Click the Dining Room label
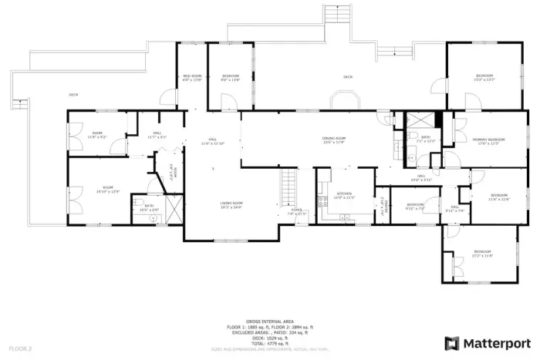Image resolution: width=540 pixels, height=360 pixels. [333, 140]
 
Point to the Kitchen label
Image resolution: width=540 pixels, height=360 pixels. [344, 195]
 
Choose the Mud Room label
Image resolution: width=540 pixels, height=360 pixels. [192, 78]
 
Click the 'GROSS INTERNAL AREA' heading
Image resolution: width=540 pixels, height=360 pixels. [270, 321]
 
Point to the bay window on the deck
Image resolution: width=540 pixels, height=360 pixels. [344, 100]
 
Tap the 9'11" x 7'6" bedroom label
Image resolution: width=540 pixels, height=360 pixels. [415, 206]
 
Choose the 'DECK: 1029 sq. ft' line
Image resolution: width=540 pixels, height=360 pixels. [270, 337]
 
